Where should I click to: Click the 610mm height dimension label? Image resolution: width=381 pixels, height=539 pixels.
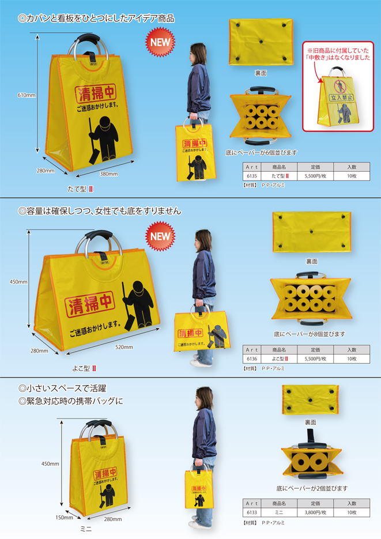pyautogui.click(x=27, y=96)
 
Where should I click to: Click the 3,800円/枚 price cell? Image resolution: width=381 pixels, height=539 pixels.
pyautogui.click(x=316, y=511)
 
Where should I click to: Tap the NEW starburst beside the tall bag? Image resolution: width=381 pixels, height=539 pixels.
pyautogui.click(x=161, y=43)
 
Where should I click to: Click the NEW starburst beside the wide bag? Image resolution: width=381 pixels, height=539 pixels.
pyautogui.click(x=161, y=236)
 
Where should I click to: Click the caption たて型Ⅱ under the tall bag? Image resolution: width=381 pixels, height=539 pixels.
pyautogui.click(x=80, y=189)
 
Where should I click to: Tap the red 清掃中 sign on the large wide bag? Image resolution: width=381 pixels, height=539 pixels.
pyautogui.click(x=89, y=303)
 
